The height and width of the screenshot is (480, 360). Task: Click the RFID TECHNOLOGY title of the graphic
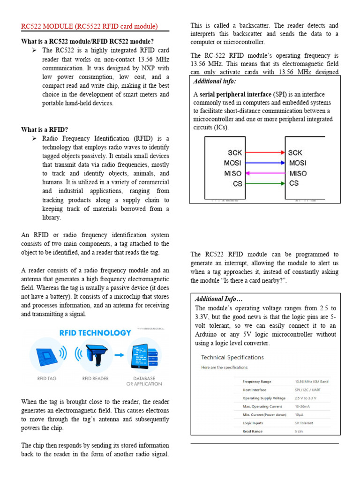[x=95, y=333]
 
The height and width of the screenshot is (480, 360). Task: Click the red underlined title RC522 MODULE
[x=90, y=26]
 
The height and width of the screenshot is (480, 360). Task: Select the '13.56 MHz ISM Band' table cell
[x=311, y=382]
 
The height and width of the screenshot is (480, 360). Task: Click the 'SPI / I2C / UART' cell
[x=307, y=390]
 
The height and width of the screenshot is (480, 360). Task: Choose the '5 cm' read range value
[x=298, y=431]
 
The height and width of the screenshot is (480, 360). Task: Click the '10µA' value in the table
[x=299, y=415]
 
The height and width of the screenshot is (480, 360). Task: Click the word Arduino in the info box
[x=209, y=334]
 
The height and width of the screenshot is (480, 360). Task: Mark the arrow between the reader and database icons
[x=119, y=354]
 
